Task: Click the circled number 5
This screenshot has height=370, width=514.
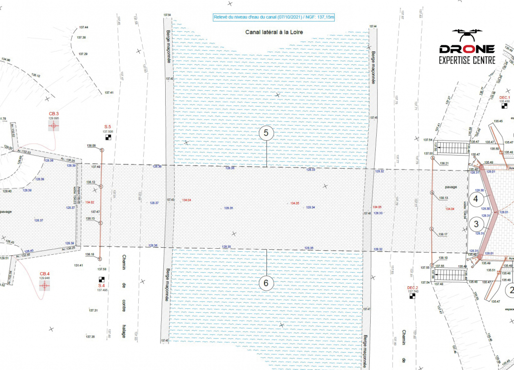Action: coord(266,133)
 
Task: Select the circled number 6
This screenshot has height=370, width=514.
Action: coord(266,283)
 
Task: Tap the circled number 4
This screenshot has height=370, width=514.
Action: coord(476,198)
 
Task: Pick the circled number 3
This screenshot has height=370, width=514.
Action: coord(476,224)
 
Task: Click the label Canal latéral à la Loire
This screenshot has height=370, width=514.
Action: coord(274,32)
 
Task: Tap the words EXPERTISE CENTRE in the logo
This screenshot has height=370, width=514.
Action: coord(467,60)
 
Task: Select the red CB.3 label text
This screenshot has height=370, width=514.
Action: coord(54,114)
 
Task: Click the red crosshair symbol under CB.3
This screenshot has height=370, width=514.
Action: coord(54,126)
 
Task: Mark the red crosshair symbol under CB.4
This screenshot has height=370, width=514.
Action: coord(45,286)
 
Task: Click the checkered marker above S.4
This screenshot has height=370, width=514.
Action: coord(102,279)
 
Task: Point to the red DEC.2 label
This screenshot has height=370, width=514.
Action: coord(412,288)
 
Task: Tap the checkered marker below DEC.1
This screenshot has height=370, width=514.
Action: coord(505,106)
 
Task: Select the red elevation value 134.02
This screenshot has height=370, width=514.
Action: coord(90,202)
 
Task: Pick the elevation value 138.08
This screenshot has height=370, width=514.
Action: coord(90,146)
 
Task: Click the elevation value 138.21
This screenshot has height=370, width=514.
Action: coord(444,164)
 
